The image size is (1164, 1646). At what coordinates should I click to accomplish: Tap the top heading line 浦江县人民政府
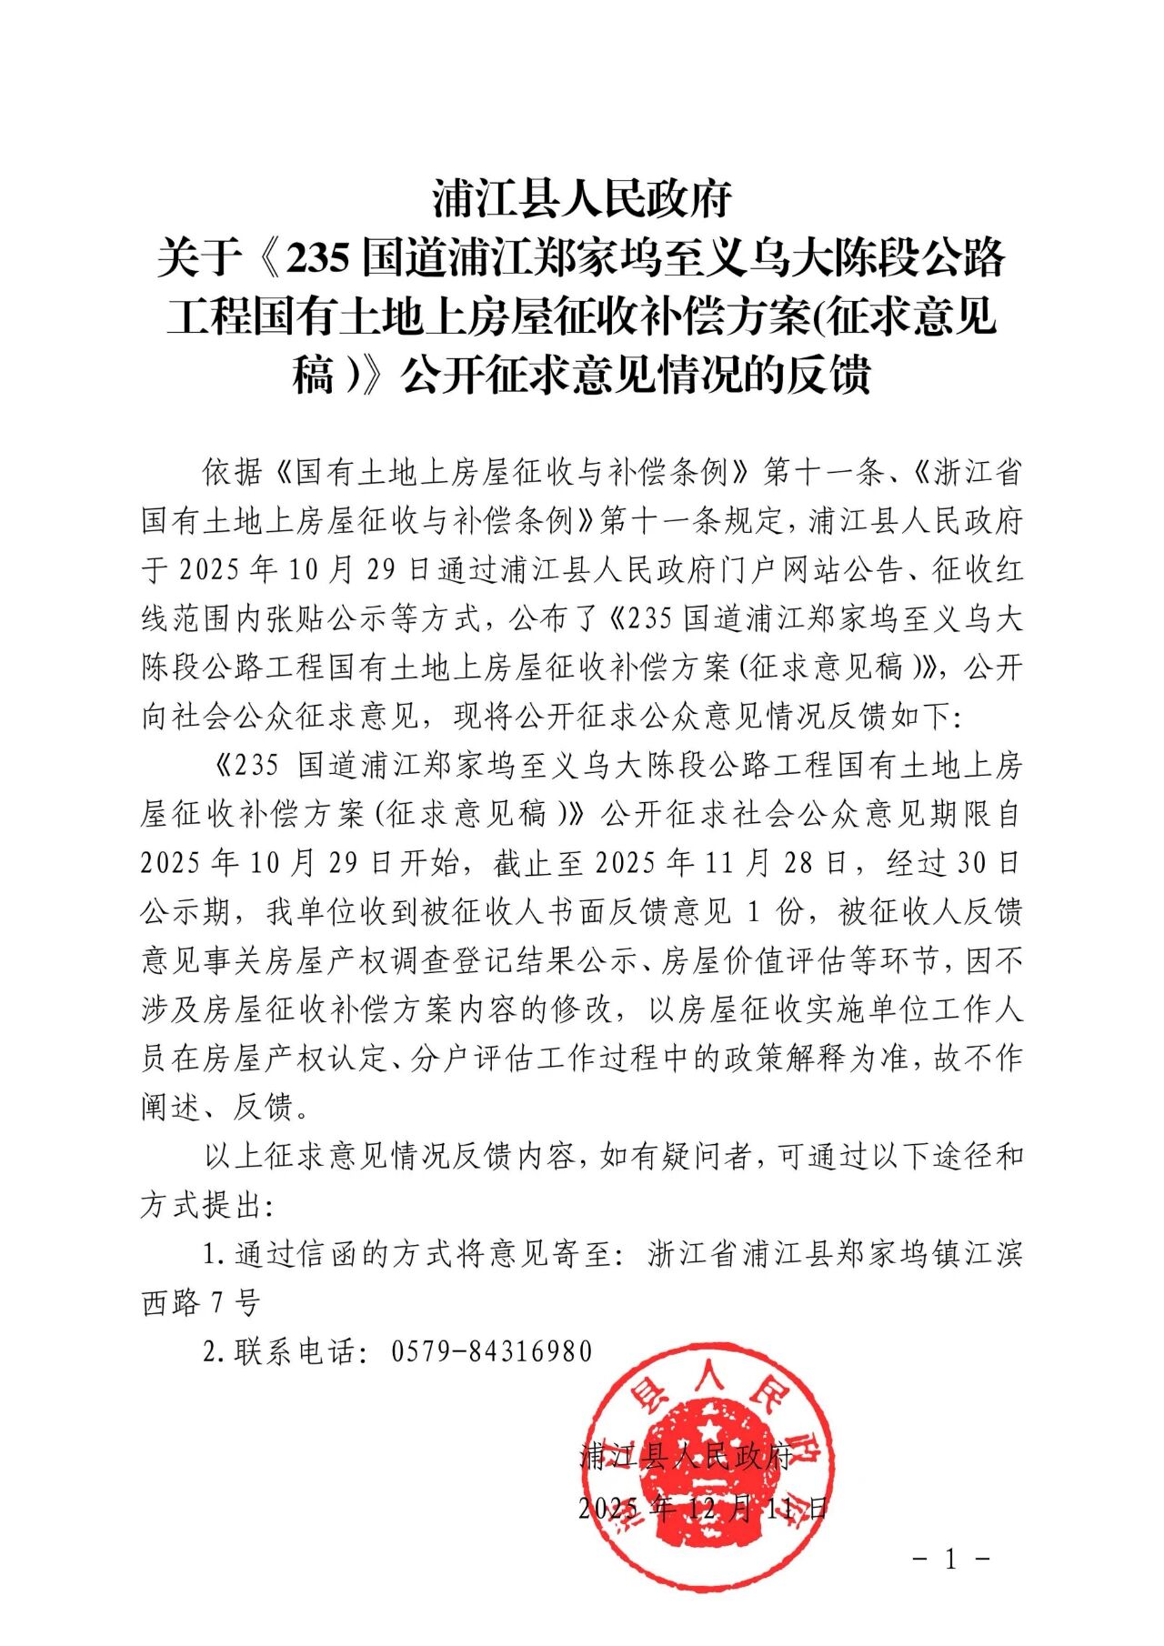click(582, 198)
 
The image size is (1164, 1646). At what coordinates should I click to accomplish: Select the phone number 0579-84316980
click(491, 1351)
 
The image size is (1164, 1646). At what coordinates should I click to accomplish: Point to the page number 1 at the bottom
click(951, 1561)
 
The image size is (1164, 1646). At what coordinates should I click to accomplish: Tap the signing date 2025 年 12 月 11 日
click(703, 1509)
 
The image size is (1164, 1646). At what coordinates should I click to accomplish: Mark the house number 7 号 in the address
click(235, 1302)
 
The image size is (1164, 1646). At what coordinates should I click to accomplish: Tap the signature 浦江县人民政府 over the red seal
click(687, 1457)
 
